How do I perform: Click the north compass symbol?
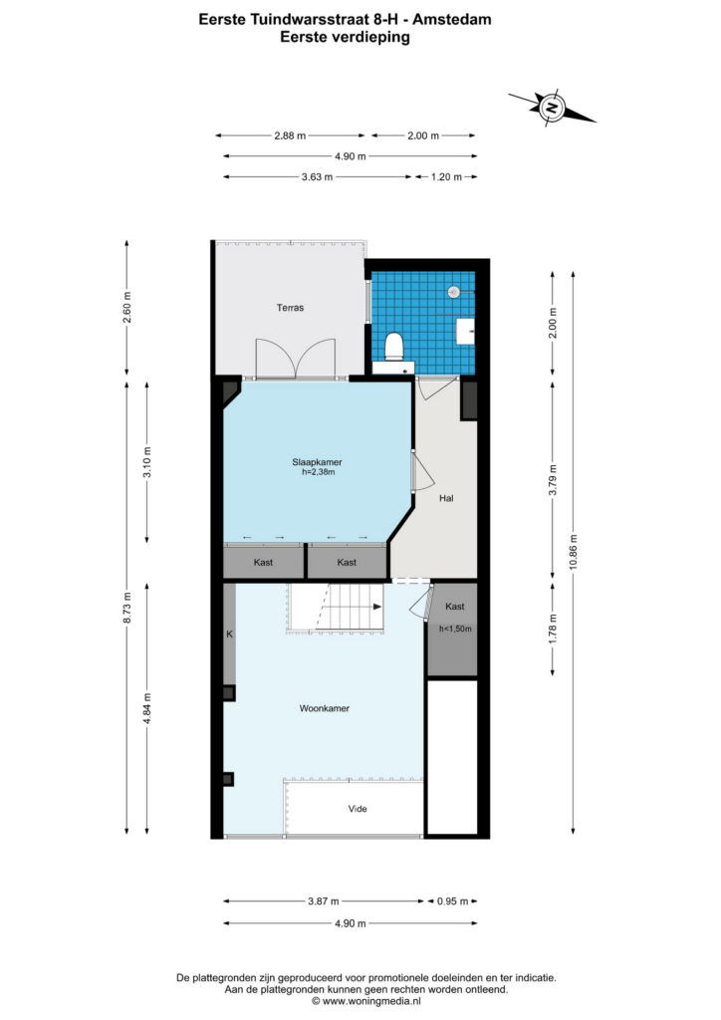click(x=552, y=108)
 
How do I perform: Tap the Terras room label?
click(x=290, y=308)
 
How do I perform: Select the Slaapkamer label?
click(x=317, y=462)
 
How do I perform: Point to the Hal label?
click(x=446, y=498)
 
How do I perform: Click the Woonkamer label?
click(x=325, y=708)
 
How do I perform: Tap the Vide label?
click(x=358, y=809)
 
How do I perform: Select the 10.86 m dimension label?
click(x=573, y=552)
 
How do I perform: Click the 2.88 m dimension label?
click(x=290, y=135)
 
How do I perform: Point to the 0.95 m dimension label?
click(x=452, y=901)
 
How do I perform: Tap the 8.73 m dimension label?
click(x=127, y=608)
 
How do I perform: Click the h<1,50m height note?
click(x=455, y=630)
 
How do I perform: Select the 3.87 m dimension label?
click(x=323, y=901)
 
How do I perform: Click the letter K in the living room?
click(x=229, y=634)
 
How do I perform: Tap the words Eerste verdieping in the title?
click(x=345, y=37)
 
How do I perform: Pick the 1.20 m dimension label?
click(x=446, y=177)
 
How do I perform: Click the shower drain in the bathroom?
click(x=454, y=293)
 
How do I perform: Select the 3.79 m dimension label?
click(x=553, y=480)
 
